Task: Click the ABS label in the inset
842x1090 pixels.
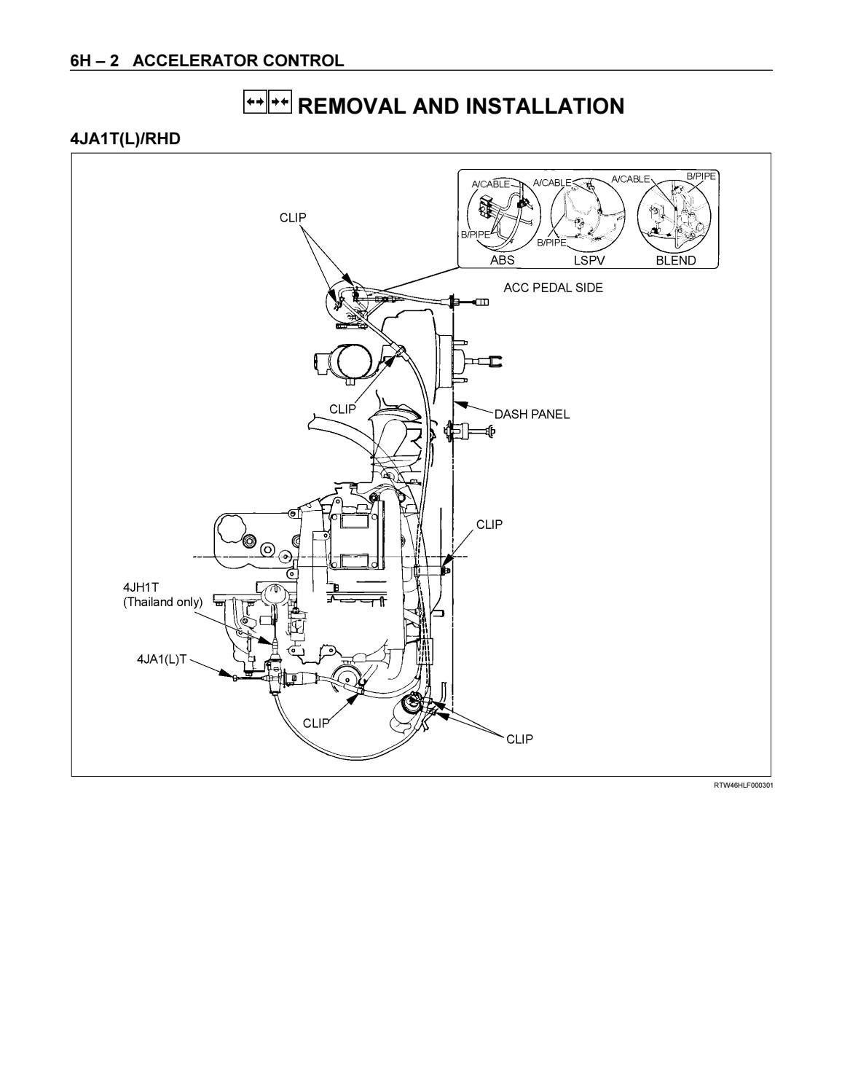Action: tap(502, 260)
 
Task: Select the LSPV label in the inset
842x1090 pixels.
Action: tap(589, 260)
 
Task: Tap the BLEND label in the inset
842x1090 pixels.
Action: tap(675, 260)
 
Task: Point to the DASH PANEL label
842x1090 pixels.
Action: tap(532, 415)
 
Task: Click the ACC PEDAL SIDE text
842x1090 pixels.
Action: tap(553, 288)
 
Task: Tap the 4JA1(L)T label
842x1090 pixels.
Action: tap(162, 659)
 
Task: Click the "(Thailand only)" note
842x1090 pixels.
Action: tap(162, 602)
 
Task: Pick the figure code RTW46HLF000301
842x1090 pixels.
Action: tap(743, 785)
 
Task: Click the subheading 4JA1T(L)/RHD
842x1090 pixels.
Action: tap(125, 138)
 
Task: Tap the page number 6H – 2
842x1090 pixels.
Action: tap(95, 60)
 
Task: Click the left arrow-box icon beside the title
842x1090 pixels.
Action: tap(254, 103)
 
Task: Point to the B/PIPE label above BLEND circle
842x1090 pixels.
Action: tap(701, 176)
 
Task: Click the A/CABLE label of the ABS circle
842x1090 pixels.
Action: tap(491, 184)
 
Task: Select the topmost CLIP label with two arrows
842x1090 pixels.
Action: tap(293, 217)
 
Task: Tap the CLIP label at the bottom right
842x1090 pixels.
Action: tap(519, 739)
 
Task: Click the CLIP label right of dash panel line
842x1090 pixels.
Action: tap(489, 525)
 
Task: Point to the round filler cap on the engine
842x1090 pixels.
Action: tap(229, 527)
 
